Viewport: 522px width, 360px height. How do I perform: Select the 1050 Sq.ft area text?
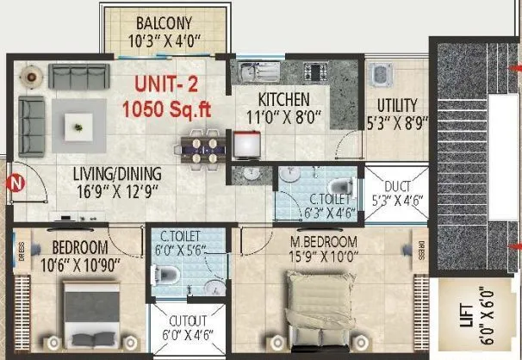pyautogui.click(x=167, y=109)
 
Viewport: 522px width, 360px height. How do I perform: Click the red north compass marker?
pyautogui.click(x=15, y=182)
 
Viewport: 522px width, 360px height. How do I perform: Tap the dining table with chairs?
pyautogui.click(x=201, y=146)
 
